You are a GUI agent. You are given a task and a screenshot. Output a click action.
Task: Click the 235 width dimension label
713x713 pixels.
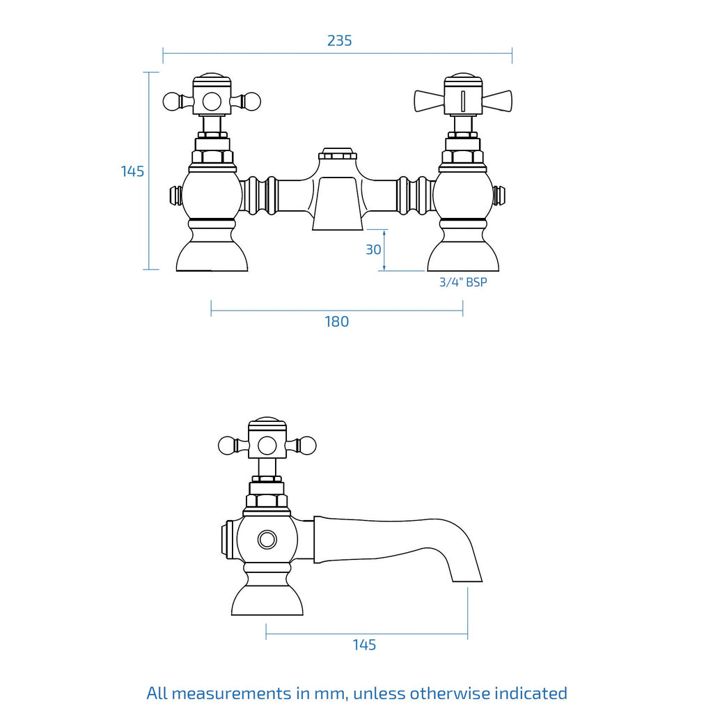[x=339, y=40]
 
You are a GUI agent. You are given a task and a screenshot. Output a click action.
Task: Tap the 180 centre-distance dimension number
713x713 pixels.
[x=336, y=322]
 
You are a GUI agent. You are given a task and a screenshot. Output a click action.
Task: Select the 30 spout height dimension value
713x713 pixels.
[x=373, y=250]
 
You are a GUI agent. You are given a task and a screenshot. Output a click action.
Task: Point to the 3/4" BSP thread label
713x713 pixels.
[x=463, y=282]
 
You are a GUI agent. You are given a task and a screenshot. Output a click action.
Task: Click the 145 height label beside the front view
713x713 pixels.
[x=132, y=171]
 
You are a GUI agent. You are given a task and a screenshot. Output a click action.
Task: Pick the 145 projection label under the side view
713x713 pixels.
[x=364, y=645]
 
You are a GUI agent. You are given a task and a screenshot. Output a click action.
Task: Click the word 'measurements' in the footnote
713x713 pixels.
[x=231, y=694]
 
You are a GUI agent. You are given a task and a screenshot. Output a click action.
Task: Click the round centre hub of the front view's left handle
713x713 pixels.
[x=212, y=102]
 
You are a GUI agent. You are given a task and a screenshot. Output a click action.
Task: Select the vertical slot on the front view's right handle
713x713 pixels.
[x=463, y=101]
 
